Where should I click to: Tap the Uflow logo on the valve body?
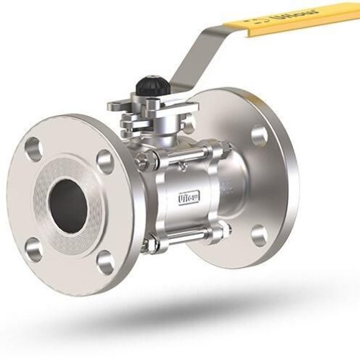coord(189,195)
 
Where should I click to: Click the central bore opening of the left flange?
coord(70,205)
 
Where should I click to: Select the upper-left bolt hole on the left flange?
coord(34,149)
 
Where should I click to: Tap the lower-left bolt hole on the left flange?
coord(32,249)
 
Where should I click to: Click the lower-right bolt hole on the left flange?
coord(105,262)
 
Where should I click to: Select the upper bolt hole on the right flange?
coord(259,135)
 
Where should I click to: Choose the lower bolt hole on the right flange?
coord(259,235)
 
